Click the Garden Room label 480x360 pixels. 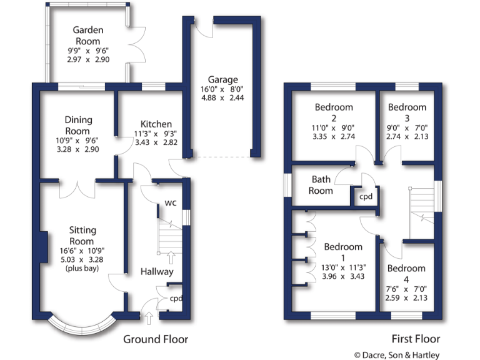point(87,36)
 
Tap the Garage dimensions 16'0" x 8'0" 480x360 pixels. point(219,89)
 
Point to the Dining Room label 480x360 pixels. point(78,126)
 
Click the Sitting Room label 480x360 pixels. point(81,236)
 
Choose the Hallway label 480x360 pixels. point(156,271)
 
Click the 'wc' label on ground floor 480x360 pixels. point(170,203)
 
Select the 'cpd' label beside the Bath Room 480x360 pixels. point(365,196)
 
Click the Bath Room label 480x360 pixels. point(321,185)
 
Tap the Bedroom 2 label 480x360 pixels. point(334,112)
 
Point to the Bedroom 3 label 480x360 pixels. point(407,112)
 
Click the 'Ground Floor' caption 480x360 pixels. point(155,339)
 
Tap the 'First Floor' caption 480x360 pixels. point(416,339)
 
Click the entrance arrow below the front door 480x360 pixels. point(148,320)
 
